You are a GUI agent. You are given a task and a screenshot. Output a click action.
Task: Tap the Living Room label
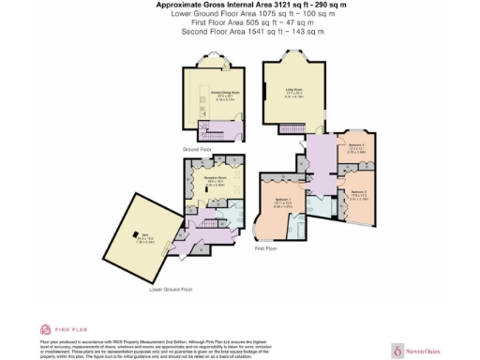(292, 93)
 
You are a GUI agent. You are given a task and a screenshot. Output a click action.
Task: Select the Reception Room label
(217, 181)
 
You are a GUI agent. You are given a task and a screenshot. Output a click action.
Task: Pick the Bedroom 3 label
(357, 148)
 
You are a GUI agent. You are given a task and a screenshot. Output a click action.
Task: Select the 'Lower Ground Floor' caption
(171, 289)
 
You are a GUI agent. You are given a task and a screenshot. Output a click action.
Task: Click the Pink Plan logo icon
(44, 329)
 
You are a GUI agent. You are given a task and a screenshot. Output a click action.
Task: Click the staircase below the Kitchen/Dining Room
(208, 128)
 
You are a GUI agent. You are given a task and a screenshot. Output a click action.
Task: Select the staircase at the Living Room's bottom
(309, 128)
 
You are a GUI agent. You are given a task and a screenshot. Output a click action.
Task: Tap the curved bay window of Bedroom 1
(259, 227)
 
